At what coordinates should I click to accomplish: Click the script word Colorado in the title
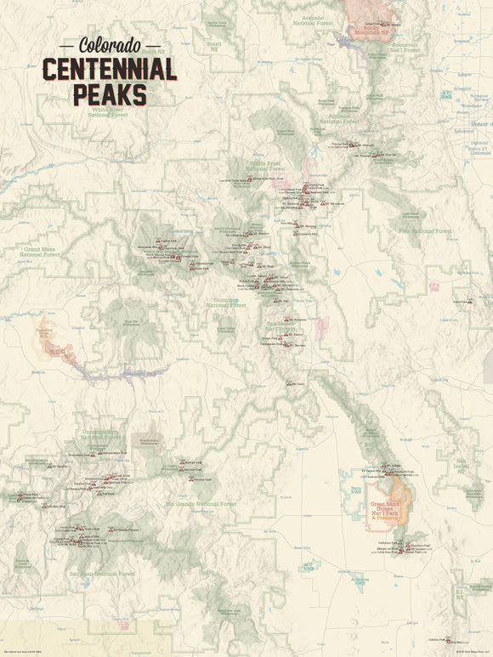(110, 44)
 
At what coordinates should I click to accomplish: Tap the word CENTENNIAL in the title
(110, 69)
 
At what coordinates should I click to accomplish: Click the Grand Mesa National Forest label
(41, 252)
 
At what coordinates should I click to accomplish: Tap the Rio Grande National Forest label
(201, 504)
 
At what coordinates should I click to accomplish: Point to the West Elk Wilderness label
(130, 321)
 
